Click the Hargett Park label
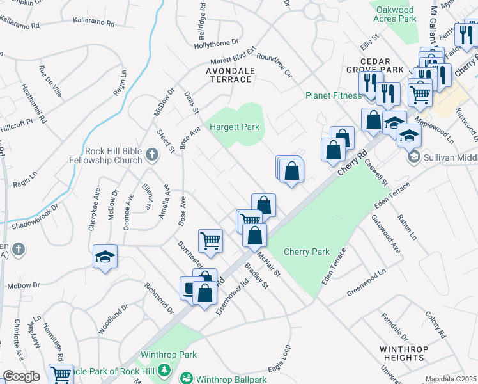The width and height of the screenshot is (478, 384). pos(235,127)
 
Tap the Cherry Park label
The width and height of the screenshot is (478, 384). pos(306,252)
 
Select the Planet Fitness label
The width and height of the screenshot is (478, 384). pos(333,96)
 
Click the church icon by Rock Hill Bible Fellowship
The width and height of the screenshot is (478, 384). pos(151,154)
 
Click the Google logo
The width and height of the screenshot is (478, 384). pos(21,376)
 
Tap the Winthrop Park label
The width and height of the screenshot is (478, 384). pos(169,355)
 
